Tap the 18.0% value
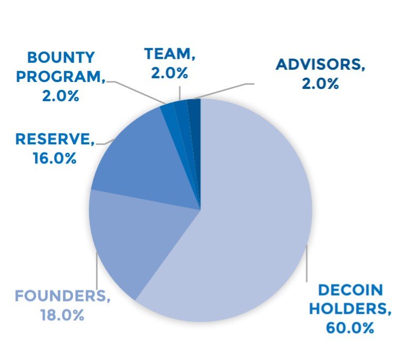[x=62, y=314]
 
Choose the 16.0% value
[x=53, y=158]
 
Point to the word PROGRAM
[x=58, y=76]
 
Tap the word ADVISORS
[x=320, y=65]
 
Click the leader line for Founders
[x=96, y=272]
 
